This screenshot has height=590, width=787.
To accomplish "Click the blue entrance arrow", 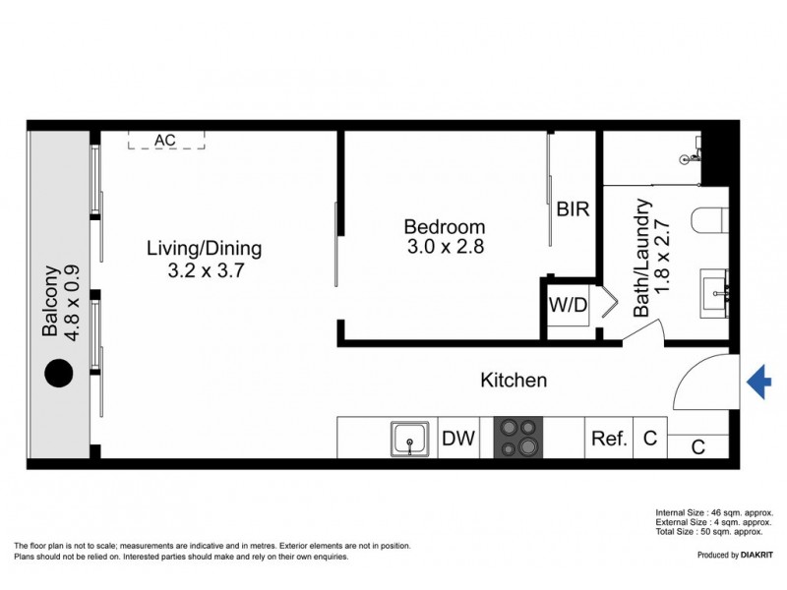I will (757, 382).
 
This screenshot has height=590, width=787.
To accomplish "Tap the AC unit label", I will (165, 141).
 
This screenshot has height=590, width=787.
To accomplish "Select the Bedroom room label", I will (446, 227).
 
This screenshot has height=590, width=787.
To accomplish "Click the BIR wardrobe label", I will (573, 209).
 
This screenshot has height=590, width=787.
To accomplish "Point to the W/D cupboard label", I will (568, 306).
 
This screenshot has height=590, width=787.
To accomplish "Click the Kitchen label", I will (513, 380).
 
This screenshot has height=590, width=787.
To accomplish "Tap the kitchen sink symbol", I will (409, 439).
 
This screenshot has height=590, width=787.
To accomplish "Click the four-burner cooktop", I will (517, 439).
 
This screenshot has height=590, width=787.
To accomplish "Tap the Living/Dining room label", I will (205, 248).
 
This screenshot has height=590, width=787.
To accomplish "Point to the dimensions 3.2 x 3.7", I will (205, 269).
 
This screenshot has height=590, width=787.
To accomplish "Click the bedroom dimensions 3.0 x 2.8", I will (446, 248).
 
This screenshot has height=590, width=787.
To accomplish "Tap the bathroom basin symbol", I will (714, 290).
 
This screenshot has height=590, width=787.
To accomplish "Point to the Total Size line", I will (709, 532).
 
